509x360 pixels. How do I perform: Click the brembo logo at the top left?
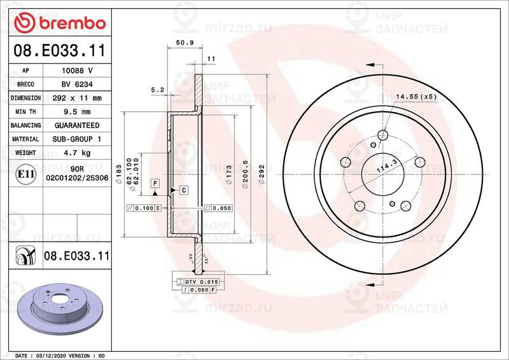coord(60,23)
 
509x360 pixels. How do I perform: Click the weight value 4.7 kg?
coord(77,153)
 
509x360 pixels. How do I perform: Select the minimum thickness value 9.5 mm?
coord(77,112)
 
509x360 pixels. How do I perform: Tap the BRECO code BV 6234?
coord(77,85)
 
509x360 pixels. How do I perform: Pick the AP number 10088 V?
coord(77,71)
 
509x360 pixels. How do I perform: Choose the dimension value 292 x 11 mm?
coord(77,98)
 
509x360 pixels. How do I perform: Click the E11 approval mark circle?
coord(25,174)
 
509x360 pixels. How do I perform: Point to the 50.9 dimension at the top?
coord(185,42)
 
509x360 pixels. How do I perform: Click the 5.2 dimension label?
coord(158,90)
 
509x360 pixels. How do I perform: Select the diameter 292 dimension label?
coord(261,175)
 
